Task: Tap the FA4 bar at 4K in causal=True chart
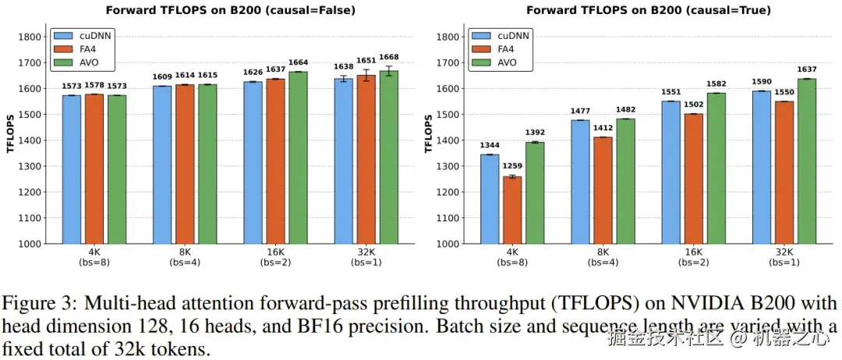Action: point(512,210)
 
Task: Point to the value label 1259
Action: point(512,166)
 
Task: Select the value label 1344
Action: point(490,144)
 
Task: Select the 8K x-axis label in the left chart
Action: point(185,252)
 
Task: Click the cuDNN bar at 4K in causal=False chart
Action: point(72,169)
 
